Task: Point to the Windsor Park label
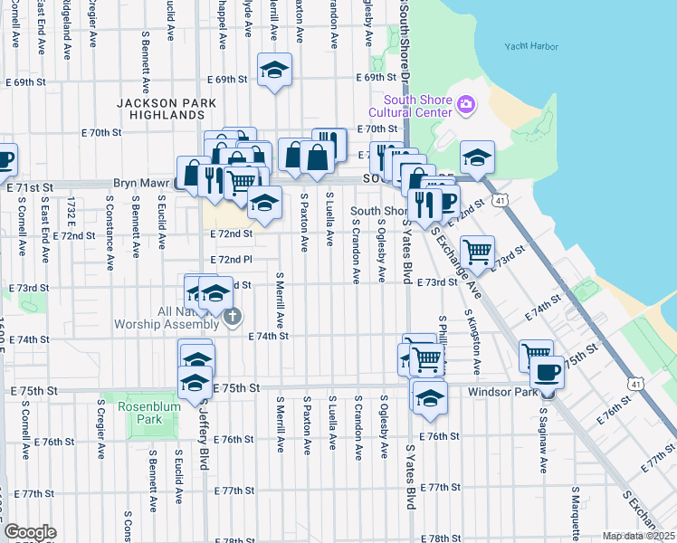pyautogui.click(x=498, y=392)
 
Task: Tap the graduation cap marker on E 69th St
pyautogui.click(x=274, y=69)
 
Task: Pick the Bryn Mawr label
pyautogui.click(x=138, y=183)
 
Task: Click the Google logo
pyautogui.click(x=30, y=532)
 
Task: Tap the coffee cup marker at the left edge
pyautogui.click(x=5, y=161)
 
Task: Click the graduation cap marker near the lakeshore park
pyautogui.click(x=476, y=157)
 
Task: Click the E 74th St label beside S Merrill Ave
pyautogui.click(x=268, y=337)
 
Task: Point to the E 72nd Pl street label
pyautogui.click(x=231, y=260)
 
